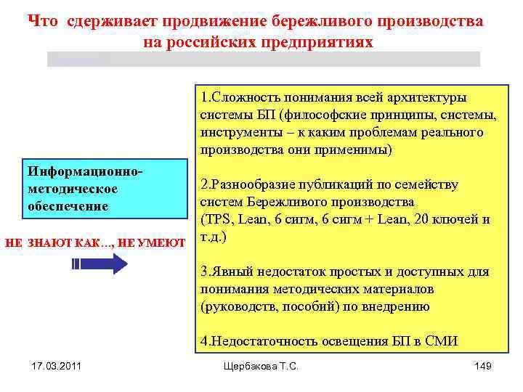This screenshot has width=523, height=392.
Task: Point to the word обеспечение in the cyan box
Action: click(x=68, y=206)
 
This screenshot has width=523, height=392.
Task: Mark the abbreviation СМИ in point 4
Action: click(x=442, y=342)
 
